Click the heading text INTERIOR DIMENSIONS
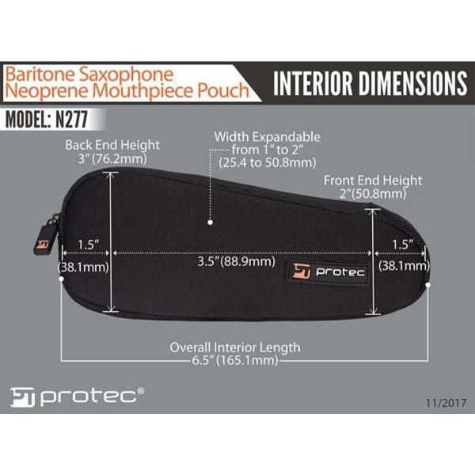370,83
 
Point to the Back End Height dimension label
113,145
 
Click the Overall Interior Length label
235,347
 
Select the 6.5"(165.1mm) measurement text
235,360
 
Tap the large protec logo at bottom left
71,396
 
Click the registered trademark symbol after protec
141,389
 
